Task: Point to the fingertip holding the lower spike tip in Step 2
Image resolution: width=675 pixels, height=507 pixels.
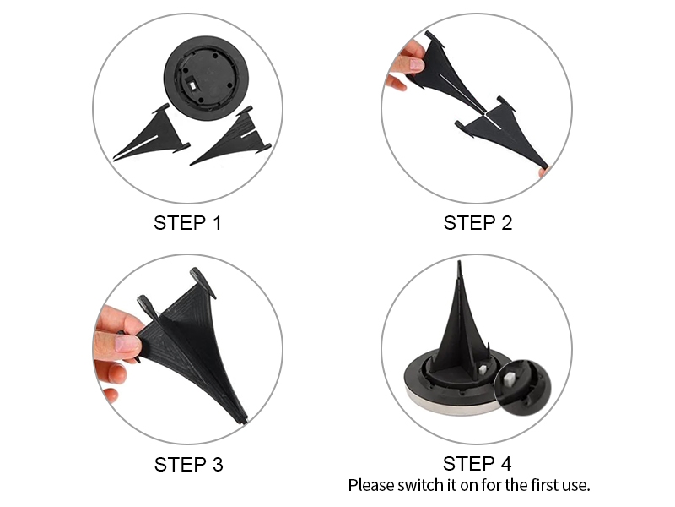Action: pyautogui.click(x=545, y=172)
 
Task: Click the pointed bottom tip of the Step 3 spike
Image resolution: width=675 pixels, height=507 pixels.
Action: pyautogui.click(x=243, y=420)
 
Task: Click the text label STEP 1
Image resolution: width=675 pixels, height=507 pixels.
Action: pyautogui.click(x=188, y=223)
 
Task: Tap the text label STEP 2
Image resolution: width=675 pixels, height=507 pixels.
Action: pyautogui.click(x=478, y=223)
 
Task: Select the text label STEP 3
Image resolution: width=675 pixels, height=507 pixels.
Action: pyautogui.click(x=188, y=464)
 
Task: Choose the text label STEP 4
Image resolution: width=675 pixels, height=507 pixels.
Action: pyautogui.click(x=477, y=464)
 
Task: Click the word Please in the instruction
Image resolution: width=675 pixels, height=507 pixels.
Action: pyautogui.click(x=371, y=485)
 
